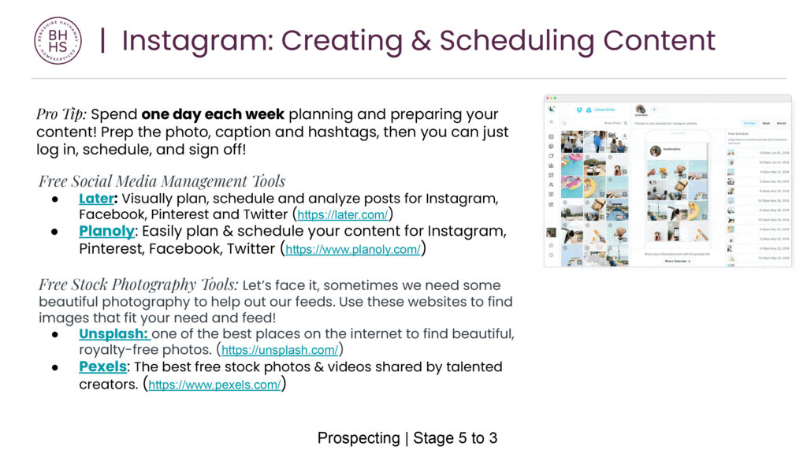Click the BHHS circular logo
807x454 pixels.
coord(58,40)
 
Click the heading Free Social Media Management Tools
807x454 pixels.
coord(162,181)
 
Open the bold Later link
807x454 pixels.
coord(96,199)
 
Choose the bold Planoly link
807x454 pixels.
coord(106,232)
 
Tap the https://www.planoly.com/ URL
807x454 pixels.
coord(352,250)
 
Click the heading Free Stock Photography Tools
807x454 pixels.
coord(138,285)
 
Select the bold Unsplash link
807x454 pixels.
coord(113,333)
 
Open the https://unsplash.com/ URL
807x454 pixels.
coord(280,351)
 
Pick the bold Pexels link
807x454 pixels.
coord(102,367)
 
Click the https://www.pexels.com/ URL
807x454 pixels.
coord(214,385)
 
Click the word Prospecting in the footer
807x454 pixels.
coord(359,437)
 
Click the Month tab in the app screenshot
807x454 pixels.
coord(781,124)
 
